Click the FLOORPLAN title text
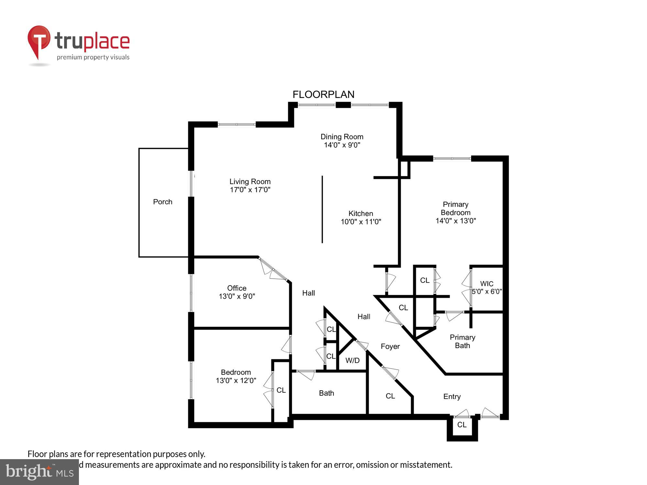click(x=323, y=94)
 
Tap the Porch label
click(x=162, y=202)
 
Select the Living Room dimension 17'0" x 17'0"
click(x=250, y=190)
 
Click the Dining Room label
click(x=342, y=137)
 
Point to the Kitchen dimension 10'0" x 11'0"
click(x=361, y=222)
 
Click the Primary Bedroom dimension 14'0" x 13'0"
click(x=455, y=221)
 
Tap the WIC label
click(x=487, y=284)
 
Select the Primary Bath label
click(x=462, y=341)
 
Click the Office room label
click(x=236, y=288)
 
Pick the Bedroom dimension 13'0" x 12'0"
click(x=236, y=381)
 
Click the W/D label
click(x=352, y=361)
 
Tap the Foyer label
click(x=390, y=347)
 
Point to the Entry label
click(x=452, y=397)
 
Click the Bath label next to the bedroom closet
click(x=326, y=393)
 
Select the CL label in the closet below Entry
click(x=462, y=425)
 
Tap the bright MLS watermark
click(x=39, y=472)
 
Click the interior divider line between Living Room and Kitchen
click(x=322, y=210)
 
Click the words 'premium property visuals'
click(x=93, y=58)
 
